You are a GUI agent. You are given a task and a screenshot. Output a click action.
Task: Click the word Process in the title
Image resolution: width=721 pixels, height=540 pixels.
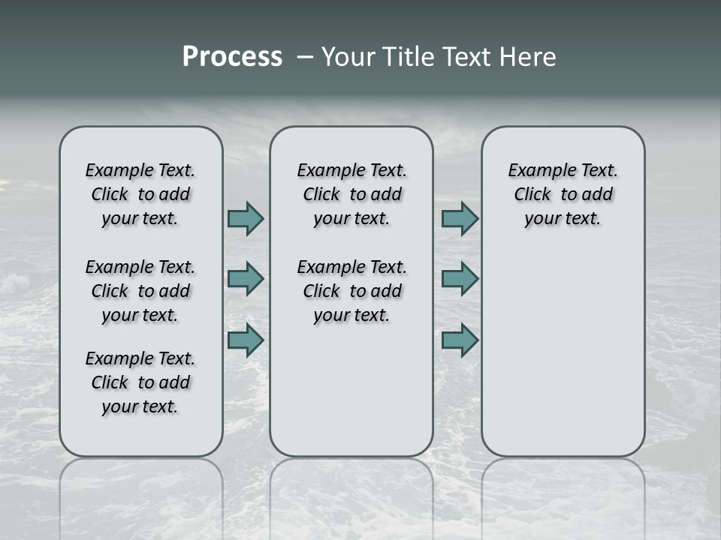[x=232, y=57]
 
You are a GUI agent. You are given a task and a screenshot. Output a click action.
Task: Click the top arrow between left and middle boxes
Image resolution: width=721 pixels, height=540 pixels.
[x=246, y=218]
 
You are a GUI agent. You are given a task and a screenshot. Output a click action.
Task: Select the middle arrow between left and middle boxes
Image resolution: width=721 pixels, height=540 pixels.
[x=246, y=280]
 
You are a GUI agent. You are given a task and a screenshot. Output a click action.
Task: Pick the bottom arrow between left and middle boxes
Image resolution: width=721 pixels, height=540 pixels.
[x=246, y=340]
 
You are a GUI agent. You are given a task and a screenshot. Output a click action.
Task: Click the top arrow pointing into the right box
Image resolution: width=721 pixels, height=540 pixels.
[x=460, y=218]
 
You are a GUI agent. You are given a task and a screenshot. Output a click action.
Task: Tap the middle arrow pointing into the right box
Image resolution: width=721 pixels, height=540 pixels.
[x=460, y=279]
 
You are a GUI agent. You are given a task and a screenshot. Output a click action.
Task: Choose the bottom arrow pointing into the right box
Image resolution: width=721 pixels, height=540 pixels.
[x=460, y=340]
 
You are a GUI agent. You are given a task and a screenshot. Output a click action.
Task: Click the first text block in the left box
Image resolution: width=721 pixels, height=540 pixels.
[x=140, y=194]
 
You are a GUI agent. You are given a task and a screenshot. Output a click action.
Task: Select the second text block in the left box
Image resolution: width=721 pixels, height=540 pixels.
[x=140, y=291]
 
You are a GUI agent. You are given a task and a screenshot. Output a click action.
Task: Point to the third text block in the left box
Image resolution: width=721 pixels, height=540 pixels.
[x=140, y=382]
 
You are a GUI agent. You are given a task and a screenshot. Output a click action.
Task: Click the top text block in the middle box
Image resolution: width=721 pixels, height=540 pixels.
[x=351, y=194]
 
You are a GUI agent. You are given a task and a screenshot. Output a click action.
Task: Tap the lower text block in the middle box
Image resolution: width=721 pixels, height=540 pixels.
[x=351, y=291]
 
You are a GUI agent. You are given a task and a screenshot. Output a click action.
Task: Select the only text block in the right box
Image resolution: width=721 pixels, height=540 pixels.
[x=563, y=194]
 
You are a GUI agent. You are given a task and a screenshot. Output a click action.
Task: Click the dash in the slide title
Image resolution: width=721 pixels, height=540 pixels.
[x=305, y=58]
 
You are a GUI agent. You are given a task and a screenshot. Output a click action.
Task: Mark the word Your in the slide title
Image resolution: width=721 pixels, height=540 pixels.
[x=348, y=57]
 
